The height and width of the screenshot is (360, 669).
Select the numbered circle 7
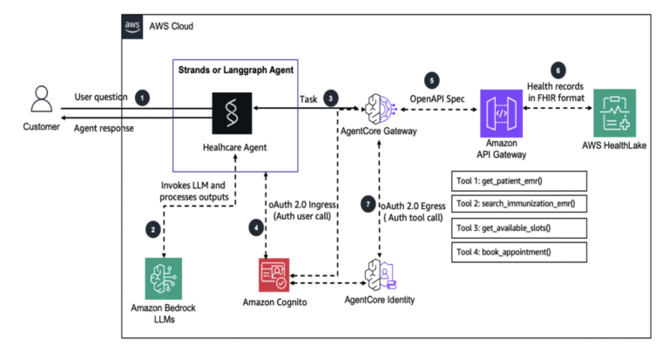pos(368,203)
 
